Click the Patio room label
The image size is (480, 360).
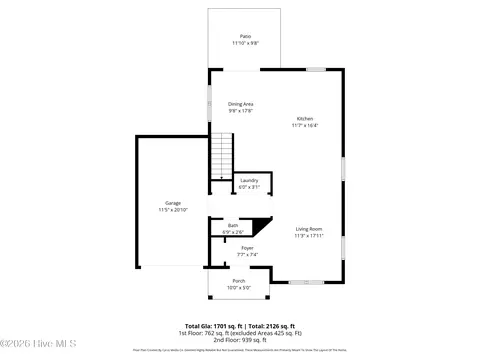click(245, 36)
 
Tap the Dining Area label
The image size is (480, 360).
click(240, 104)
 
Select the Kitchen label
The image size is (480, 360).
click(304, 118)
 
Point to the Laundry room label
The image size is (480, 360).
click(248, 181)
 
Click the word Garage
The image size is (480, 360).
click(173, 203)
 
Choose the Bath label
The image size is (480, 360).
click(232, 225)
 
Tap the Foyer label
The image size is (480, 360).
click(247, 248)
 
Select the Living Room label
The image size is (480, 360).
click(309, 230)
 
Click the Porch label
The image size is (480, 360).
click(239, 281)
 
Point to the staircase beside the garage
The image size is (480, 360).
click(222, 158)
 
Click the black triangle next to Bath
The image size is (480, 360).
click(263, 227)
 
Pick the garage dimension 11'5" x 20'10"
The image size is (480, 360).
click(173, 210)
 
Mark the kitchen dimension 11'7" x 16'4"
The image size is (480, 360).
click(304, 125)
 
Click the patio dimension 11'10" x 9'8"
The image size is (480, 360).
click(245, 43)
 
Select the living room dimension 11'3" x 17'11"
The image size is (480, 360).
click(309, 237)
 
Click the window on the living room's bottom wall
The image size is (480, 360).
click(305, 283)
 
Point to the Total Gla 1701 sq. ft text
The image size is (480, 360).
click(211, 327)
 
